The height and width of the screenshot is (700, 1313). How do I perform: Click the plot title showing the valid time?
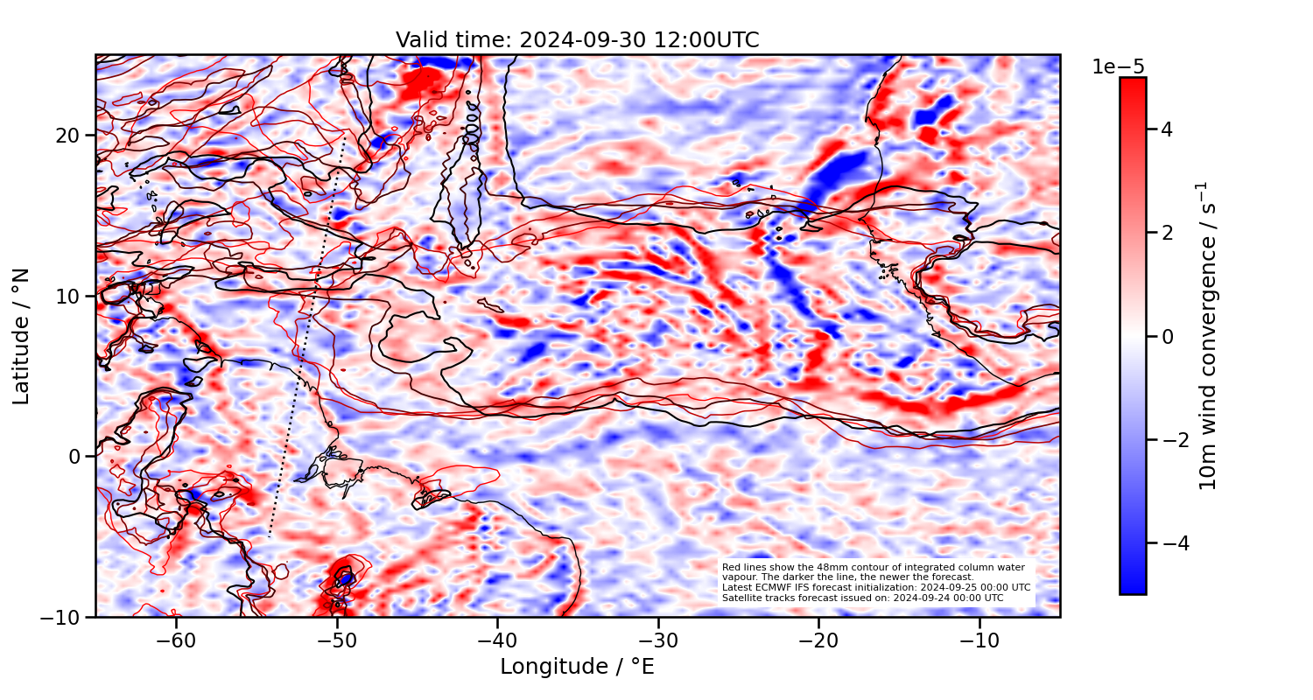pyautogui.click(x=577, y=40)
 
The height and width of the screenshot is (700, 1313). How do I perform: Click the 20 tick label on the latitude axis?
pyautogui.click(x=69, y=136)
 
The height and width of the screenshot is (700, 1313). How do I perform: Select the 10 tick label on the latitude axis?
pyautogui.click(x=69, y=296)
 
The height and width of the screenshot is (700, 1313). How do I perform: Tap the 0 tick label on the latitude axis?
pyautogui.click(x=75, y=457)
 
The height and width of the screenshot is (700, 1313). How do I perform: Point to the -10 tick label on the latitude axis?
pyautogui.click(x=62, y=617)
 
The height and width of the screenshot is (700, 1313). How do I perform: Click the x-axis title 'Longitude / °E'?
pyautogui.click(x=577, y=667)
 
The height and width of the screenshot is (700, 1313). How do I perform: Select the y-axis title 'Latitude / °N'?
pyautogui.click(x=22, y=336)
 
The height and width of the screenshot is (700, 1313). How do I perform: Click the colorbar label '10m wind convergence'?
pyautogui.click(x=1208, y=336)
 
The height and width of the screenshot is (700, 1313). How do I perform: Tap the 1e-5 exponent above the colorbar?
pyautogui.click(x=1118, y=67)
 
